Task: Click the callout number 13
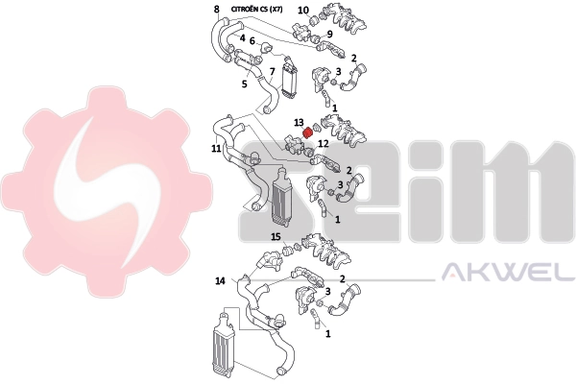[299, 122]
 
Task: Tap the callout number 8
[217, 9]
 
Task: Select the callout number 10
[303, 11]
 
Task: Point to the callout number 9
[329, 35]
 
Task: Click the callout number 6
[252, 40]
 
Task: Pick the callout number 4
[243, 37]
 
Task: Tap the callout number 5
[244, 84]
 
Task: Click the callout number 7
[272, 72]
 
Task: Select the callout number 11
[216, 149]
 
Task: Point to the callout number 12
[324, 143]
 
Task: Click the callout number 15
[276, 237]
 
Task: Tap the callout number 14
[220, 281]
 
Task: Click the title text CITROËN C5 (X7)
[256, 10]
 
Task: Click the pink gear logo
[107, 191]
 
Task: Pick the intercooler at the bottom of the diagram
[223, 344]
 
